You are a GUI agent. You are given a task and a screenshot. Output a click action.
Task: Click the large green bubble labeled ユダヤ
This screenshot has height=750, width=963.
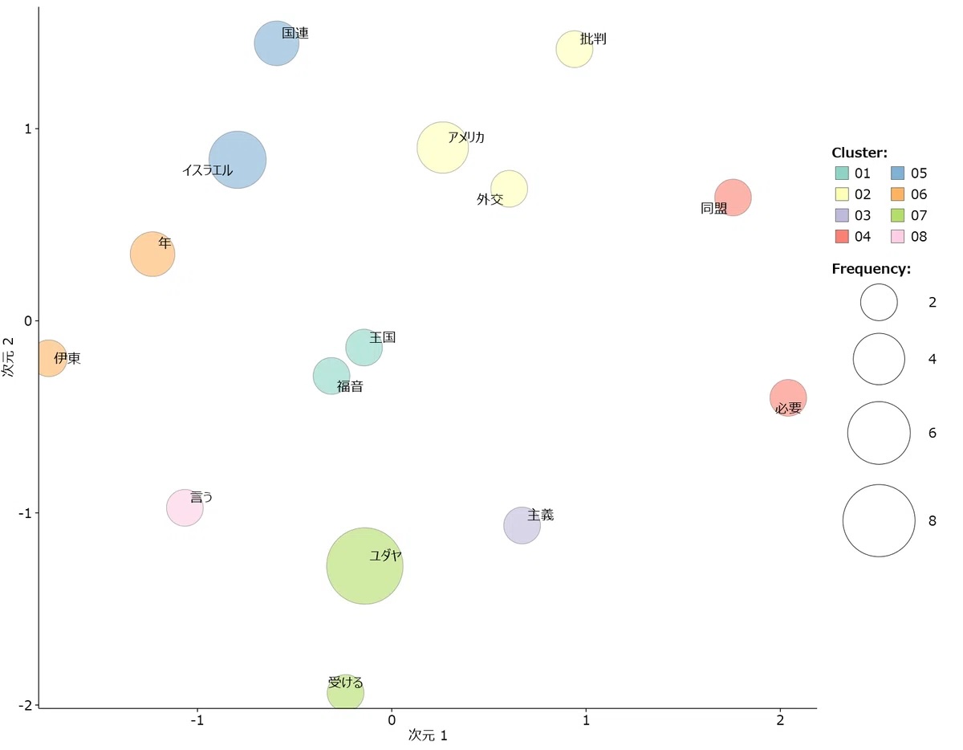point(364,565)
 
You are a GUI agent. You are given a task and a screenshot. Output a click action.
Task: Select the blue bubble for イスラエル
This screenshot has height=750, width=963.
point(237,159)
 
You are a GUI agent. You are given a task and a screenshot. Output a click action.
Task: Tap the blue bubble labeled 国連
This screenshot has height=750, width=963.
point(277,43)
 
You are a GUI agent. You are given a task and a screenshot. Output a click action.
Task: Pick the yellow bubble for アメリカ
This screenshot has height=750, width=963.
point(442,148)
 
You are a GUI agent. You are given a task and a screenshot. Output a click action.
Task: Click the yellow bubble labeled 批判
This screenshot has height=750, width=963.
point(574,49)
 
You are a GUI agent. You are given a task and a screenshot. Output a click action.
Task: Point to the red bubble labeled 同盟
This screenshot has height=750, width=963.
point(733,198)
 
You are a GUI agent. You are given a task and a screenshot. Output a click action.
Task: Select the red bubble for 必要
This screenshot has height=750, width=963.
point(788,397)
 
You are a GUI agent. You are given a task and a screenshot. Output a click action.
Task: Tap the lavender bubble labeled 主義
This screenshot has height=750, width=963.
point(522,525)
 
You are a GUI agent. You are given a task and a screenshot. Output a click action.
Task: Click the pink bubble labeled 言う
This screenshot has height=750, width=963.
point(185,507)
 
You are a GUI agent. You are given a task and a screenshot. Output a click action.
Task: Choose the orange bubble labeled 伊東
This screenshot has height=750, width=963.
point(48,358)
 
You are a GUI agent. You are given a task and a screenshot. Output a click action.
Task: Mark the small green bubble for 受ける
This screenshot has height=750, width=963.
point(345,692)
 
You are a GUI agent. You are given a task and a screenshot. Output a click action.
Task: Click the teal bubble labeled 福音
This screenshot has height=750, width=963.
point(331,376)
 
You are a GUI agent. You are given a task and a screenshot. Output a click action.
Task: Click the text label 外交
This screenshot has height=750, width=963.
point(490,200)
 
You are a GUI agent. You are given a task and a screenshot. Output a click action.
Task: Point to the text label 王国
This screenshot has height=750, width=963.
point(383,338)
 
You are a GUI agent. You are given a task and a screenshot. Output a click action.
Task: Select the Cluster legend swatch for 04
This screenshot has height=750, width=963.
point(842,236)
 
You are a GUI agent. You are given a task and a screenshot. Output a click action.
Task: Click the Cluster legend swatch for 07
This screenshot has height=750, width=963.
point(898,215)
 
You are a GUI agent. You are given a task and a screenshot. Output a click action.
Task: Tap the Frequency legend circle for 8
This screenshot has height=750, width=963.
point(879,520)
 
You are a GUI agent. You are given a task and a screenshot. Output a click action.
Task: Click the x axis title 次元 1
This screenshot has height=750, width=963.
point(427,735)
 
